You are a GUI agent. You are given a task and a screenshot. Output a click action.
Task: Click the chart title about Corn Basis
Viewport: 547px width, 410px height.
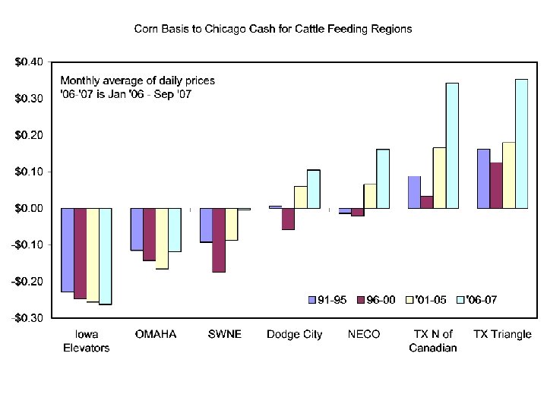point(273,29)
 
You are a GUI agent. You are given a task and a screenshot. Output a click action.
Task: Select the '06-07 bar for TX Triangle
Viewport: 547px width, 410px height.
point(521,143)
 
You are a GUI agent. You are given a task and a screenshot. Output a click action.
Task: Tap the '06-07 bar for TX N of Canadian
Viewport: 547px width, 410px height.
point(452,145)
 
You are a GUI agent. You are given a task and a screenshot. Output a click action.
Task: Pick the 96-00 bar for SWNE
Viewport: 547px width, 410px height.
point(219,240)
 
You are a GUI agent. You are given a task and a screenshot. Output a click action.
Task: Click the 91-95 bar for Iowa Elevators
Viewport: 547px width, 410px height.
point(67,250)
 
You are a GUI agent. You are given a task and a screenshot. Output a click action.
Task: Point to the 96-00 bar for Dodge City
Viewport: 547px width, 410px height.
point(288,219)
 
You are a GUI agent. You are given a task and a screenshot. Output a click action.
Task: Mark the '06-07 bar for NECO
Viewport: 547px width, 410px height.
point(383,178)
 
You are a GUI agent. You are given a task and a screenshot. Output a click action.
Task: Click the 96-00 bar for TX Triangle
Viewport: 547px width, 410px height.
point(496,185)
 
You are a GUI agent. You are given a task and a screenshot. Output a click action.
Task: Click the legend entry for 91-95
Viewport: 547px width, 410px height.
point(327,300)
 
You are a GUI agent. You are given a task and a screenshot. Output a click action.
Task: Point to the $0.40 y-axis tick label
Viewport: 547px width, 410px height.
point(28,62)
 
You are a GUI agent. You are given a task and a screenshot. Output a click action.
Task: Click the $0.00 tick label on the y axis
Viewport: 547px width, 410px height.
point(28,208)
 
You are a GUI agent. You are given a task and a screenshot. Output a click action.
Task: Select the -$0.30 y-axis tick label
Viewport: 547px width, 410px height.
point(27,318)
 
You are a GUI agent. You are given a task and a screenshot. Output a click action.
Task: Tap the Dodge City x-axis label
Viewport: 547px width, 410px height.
point(294,335)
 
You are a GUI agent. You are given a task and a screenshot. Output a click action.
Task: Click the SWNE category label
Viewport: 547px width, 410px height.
point(225,335)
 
